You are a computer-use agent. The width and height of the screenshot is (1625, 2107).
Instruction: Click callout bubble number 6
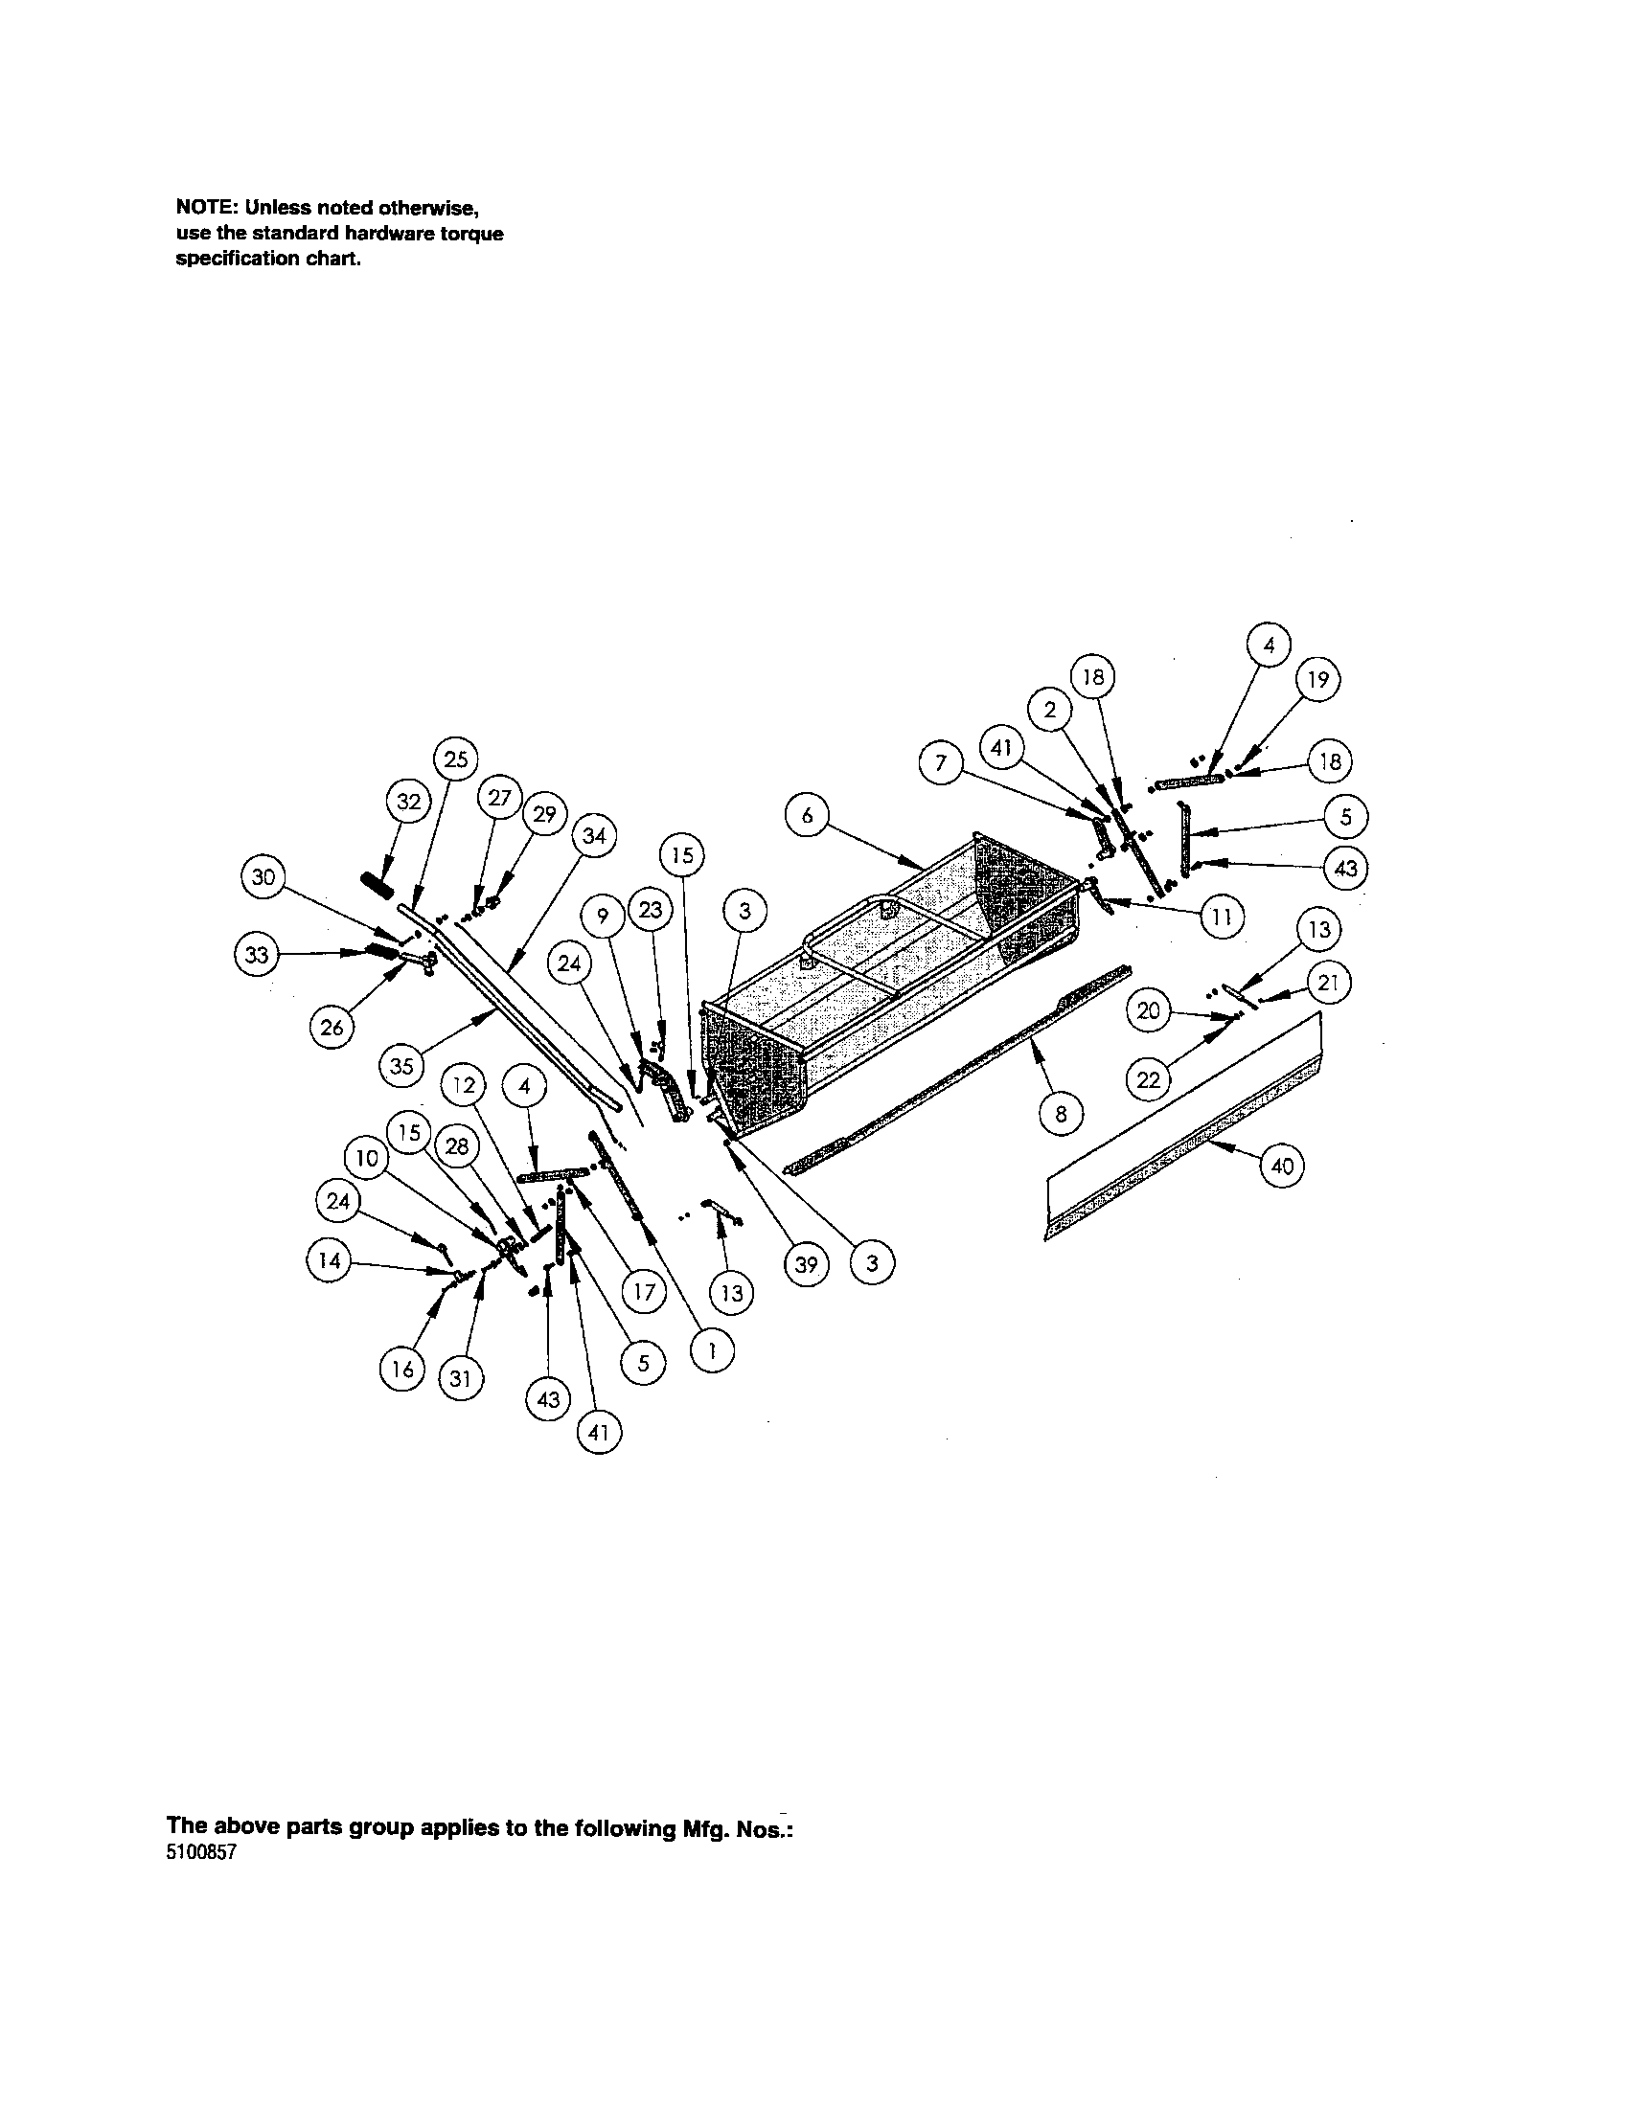(x=807, y=816)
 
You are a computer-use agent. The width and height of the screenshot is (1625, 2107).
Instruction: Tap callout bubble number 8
(x=1061, y=1114)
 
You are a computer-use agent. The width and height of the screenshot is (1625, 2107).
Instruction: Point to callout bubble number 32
(x=409, y=802)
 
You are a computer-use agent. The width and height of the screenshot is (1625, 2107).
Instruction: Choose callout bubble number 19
(x=1317, y=679)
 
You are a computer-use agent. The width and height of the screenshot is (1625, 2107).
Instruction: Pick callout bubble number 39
(x=807, y=1264)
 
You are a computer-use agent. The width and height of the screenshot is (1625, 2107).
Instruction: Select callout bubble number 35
(x=401, y=1066)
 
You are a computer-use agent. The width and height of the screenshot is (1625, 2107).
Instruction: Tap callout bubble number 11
(x=1222, y=918)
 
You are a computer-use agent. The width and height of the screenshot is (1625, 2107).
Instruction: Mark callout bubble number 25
(x=455, y=759)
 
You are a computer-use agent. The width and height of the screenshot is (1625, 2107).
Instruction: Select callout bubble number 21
(x=1328, y=985)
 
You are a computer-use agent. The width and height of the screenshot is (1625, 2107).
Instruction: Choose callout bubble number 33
(x=257, y=955)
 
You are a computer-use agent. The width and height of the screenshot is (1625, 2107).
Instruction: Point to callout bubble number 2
(x=1050, y=711)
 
